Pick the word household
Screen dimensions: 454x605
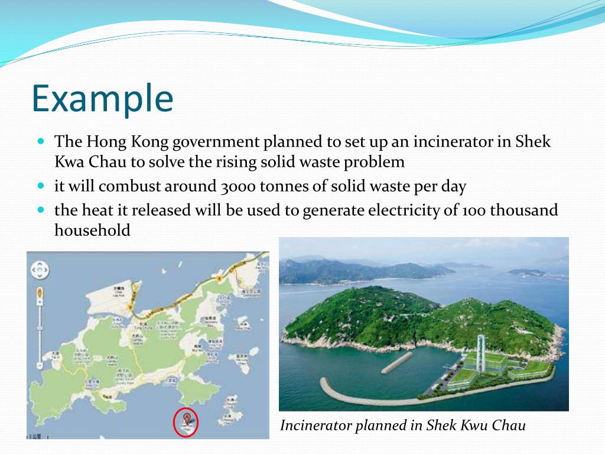coord(92,231)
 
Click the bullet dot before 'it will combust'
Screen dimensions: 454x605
coord(41,186)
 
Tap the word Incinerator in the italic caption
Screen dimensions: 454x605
coord(316,426)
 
